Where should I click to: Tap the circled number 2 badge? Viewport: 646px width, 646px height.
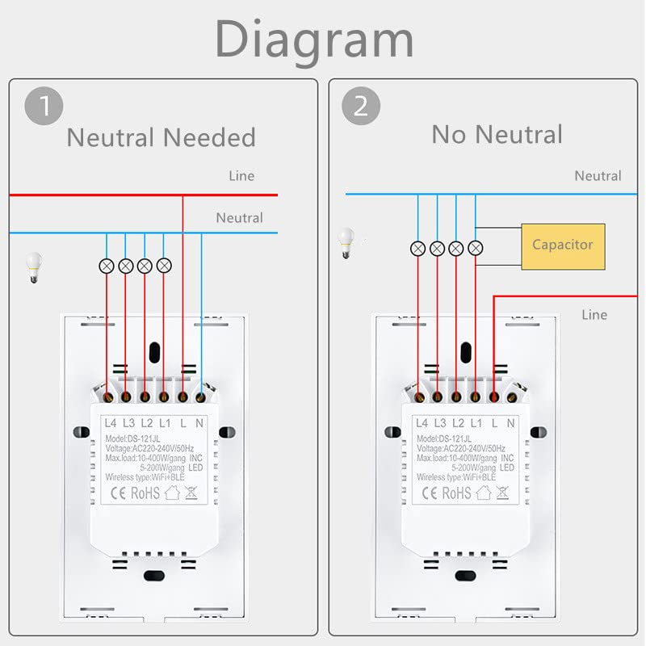[359, 108]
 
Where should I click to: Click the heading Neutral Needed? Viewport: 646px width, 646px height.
[161, 137]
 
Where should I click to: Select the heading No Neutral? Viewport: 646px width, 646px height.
[497, 134]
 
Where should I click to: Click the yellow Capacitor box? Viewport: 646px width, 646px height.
[563, 245]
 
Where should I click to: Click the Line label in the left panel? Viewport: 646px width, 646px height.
[241, 176]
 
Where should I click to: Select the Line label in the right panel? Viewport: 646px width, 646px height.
[594, 315]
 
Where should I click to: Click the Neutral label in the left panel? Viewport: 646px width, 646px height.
[239, 218]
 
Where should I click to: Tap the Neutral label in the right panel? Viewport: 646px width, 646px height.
[598, 176]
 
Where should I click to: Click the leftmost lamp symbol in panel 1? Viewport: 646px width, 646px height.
[107, 265]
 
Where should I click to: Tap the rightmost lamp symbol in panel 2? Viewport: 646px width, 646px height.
[476, 248]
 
